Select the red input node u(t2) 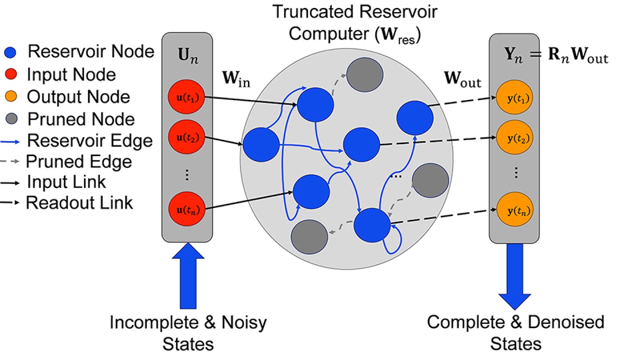click(x=186, y=136)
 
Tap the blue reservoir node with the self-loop click(x=372, y=226)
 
